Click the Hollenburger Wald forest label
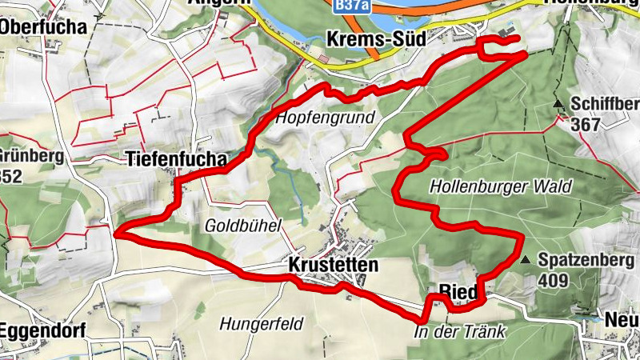tap(501, 186)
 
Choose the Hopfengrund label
tap(326, 118)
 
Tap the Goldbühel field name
tap(243, 226)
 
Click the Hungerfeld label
tap(259, 324)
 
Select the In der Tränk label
tap(459, 330)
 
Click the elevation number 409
tap(553, 280)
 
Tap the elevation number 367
tap(586, 124)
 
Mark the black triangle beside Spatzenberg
tap(525, 260)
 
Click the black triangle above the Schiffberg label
tap(558, 103)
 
